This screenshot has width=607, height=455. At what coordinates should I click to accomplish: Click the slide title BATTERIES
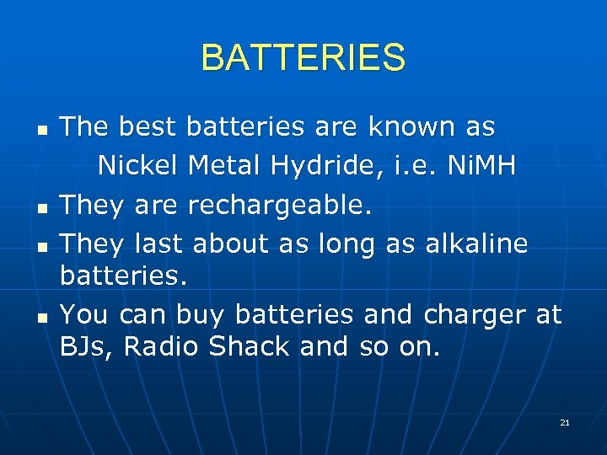(x=303, y=58)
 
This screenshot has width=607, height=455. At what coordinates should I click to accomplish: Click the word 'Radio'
(x=160, y=346)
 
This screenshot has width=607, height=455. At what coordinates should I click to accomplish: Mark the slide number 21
(x=565, y=422)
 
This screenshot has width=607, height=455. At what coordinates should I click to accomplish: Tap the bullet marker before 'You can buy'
(x=40, y=316)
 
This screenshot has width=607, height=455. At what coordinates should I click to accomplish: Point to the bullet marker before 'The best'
(x=40, y=129)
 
